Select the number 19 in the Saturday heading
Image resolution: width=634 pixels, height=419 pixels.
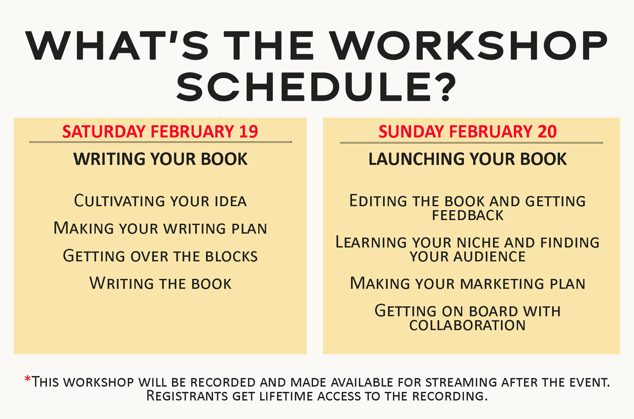pyautogui.click(x=248, y=132)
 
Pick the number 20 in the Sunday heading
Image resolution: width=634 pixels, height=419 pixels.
pyautogui.click(x=547, y=132)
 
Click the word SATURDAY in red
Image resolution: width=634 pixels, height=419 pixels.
pyautogui.click(x=104, y=132)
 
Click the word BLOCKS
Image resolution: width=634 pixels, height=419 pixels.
pyautogui.click(x=231, y=256)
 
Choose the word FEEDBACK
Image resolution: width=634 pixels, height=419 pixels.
pyautogui.click(x=468, y=215)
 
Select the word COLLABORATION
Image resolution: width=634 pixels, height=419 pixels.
pyautogui.click(x=467, y=325)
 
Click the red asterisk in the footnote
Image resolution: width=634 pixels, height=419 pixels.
pyautogui.click(x=27, y=379)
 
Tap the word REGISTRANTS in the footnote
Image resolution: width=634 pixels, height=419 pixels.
pyautogui.click(x=187, y=396)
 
